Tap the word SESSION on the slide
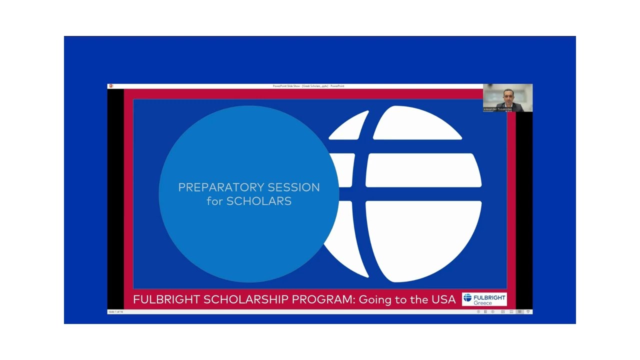[x=293, y=187]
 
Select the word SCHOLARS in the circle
[x=259, y=201]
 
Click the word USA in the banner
[x=442, y=299]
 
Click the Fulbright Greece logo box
[x=484, y=299]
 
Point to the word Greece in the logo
[x=482, y=303]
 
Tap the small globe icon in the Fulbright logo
[x=467, y=298]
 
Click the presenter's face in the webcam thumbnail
[x=508, y=94]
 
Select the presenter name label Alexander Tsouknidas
[x=497, y=109]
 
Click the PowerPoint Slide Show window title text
[x=308, y=86]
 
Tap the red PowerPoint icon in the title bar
[x=110, y=86]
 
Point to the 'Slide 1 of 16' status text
[x=115, y=311]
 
